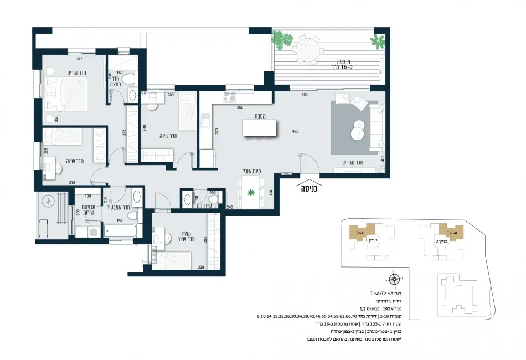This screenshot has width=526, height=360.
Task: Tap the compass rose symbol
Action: (394, 279)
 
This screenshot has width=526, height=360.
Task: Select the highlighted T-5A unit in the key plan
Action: (359, 233)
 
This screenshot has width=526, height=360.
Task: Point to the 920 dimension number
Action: (296, 132)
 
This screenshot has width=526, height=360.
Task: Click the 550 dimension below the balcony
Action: (304, 95)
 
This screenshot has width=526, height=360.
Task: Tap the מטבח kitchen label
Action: (255, 116)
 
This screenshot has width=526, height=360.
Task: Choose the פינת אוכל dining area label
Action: (251, 171)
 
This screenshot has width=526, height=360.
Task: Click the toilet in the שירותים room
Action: (215, 198)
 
